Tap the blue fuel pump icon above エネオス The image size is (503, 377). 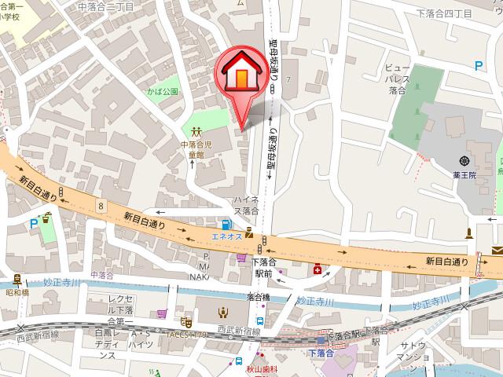[x=227, y=222]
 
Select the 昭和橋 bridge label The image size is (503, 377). [x=17, y=292]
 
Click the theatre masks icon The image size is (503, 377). [x=186, y=320]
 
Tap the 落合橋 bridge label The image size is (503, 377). [x=258, y=298]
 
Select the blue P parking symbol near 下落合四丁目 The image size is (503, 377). [x=479, y=68]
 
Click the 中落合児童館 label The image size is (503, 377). [x=196, y=150]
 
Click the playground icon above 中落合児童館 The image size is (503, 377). [x=196, y=131]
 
